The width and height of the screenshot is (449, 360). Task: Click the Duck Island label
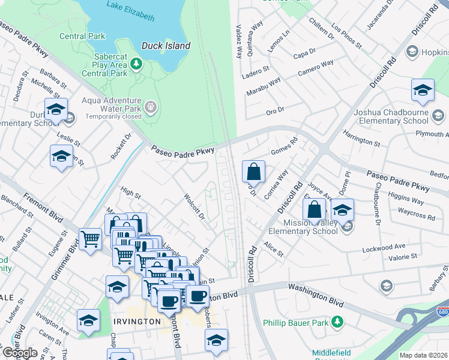pos(166,46)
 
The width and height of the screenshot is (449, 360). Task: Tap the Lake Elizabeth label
pos(130,5)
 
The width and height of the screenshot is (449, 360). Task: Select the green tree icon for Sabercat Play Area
pos(137,62)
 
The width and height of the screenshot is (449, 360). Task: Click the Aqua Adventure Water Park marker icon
pos(151,107)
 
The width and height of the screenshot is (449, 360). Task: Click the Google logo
pos(19,353)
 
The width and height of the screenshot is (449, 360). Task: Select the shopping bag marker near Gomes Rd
pos(254,172)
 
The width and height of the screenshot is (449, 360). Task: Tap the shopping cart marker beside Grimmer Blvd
pos(90,239)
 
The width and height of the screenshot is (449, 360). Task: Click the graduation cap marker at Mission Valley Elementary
pos(342,210)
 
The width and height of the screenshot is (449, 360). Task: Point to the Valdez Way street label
pos(239,41)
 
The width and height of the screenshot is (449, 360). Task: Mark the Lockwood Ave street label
pos(384,247)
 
